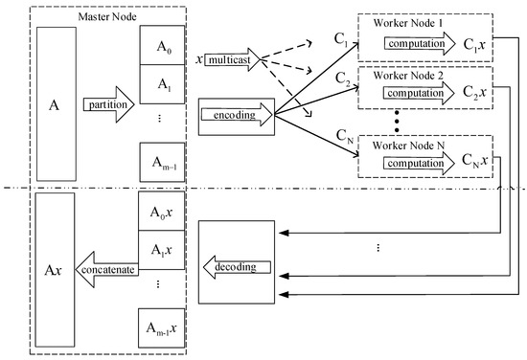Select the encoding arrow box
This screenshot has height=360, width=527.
tap(235, 115)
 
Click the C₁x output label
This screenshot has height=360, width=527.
tap(469, 44)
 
